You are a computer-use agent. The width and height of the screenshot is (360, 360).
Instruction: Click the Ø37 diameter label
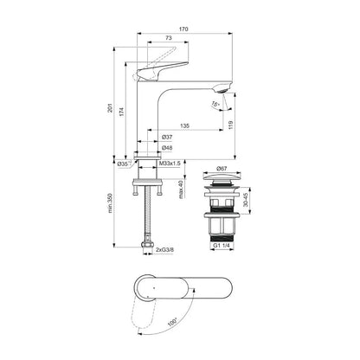tap(167, 138)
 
